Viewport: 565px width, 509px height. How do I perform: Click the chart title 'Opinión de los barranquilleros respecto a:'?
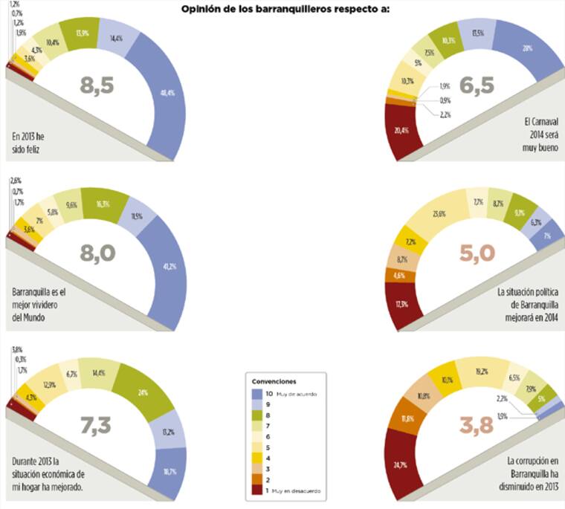tap(285, 10)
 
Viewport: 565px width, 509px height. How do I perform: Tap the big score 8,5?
tap(97, 85)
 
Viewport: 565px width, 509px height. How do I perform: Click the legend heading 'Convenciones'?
tap(272, 380)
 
